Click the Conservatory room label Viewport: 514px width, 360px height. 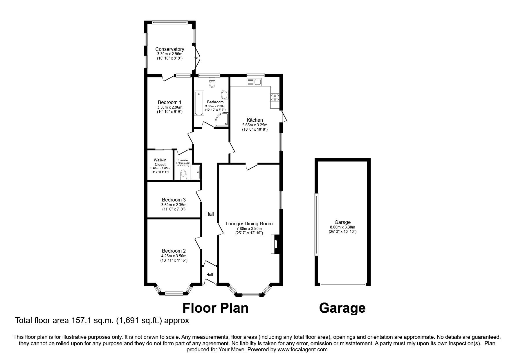[x=169, y=49]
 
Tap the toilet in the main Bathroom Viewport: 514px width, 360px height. [x=212, y=83]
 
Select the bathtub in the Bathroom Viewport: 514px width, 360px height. [x=199, y=103]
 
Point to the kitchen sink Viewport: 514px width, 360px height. [x=254, y=82]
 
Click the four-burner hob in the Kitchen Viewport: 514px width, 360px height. [x=275, y=98]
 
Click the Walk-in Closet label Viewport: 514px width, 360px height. [x=160, y=162]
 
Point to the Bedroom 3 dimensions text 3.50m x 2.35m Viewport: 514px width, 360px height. [x=174, y=205]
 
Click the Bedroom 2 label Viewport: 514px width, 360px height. [x=174, y=251]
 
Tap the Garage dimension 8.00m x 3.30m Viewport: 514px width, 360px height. [x=342, y=227]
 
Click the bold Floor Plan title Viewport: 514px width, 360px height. [x=215, y=308]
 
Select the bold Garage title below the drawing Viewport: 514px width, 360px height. [x=342, y=308]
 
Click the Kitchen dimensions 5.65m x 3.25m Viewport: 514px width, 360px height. [x=255, y=125]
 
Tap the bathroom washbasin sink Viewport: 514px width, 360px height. [x=224, y=95]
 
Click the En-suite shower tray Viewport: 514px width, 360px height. [x=195, y=172]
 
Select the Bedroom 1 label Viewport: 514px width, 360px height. [x=169, y=102]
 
